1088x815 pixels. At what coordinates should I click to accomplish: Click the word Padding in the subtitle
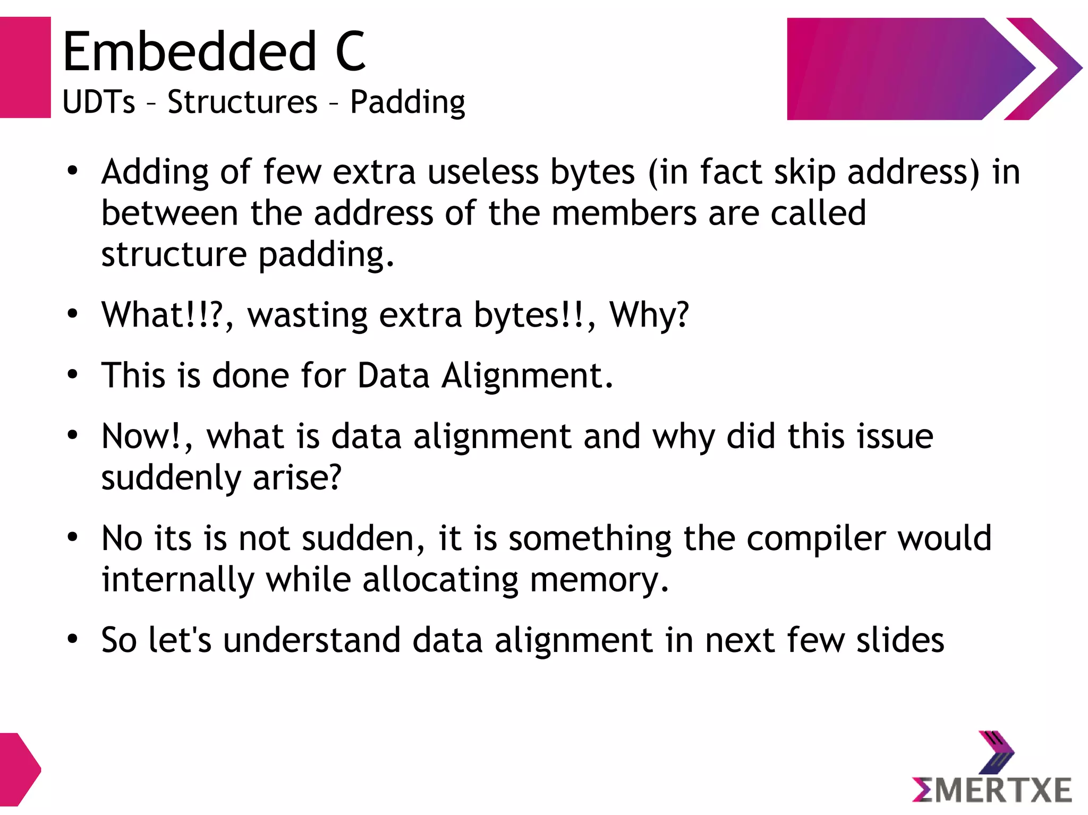pos(407,102)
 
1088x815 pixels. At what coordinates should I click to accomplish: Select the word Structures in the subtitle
pos(242,102)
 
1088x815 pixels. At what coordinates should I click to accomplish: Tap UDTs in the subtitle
pos(99,102)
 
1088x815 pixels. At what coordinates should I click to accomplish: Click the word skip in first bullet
pos(804,173)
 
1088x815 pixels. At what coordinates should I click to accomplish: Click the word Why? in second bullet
pos(649,315)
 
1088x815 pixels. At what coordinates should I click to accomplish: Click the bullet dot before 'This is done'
pos(73,375)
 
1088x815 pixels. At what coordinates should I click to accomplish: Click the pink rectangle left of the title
pos(25,67)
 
